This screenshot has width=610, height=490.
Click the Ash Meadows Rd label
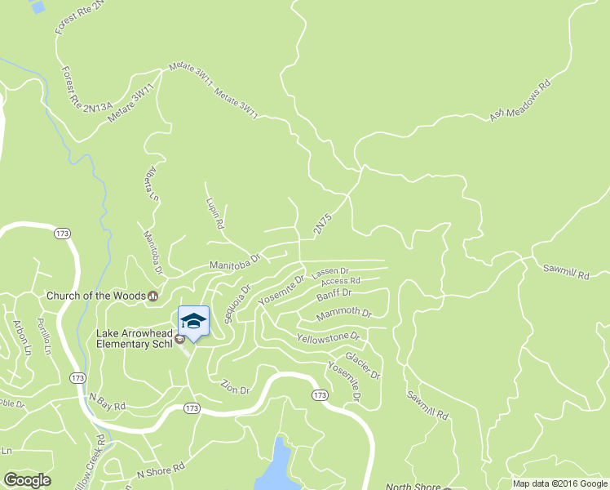click(520, 100)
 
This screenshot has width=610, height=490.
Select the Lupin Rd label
click(215, 212)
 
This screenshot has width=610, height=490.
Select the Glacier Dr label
click(363, 365)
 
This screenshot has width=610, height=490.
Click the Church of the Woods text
click(95, 296)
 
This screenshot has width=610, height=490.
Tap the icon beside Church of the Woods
click(152, 296)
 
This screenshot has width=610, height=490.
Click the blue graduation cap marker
click(193, 320)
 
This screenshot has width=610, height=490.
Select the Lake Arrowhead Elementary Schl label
click(134, 339)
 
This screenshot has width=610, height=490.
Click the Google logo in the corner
click(27, 480)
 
